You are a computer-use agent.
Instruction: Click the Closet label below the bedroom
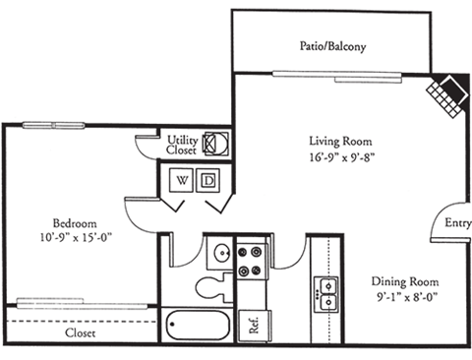click(82, 332)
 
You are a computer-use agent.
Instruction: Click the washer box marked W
click(184, 180)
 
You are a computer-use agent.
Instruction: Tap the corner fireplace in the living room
click(447, 93)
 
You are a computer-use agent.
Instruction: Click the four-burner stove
click(253, 257)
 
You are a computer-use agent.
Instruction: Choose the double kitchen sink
click(326, 289)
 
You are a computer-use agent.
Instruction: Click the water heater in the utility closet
click(215, 143)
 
